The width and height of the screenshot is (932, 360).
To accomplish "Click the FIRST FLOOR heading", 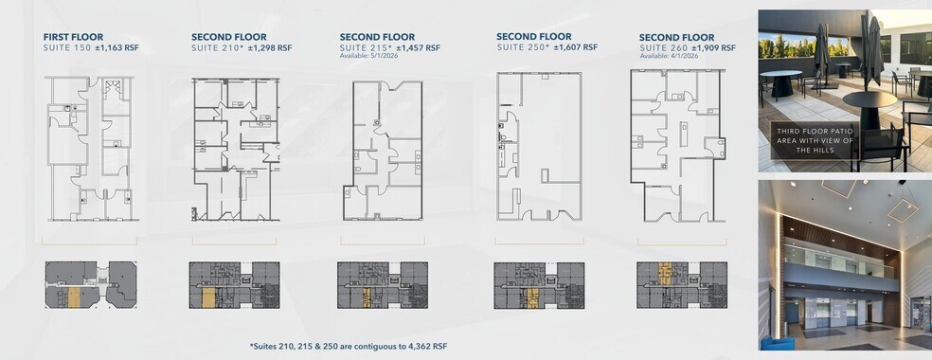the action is point(73,37).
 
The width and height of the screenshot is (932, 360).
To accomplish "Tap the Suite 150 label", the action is point(67,47).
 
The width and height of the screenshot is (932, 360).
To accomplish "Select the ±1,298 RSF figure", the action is point(270,47).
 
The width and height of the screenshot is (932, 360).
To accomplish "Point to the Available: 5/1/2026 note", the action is point(368,56).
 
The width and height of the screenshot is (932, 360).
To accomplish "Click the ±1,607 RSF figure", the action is point(575,47).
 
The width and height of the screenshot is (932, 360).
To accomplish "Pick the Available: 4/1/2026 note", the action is point(669,56).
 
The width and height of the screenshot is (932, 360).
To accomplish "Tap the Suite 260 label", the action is point(663,47).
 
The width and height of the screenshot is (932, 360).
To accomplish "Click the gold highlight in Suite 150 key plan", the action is point(74,297).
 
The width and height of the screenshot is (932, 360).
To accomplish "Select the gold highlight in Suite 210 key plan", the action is point(208,298).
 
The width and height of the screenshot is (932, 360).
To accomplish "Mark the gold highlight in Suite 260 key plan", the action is point(665,272).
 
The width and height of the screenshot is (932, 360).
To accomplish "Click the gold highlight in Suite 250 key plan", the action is point(532,298).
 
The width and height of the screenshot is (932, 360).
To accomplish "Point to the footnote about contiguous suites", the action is point(349,346).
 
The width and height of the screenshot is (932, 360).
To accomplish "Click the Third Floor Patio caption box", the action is point(815,141).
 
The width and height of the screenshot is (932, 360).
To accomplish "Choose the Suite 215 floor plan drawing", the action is point(384,151).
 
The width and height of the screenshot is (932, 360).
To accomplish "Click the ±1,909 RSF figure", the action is point(713,47).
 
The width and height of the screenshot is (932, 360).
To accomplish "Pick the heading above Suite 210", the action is point(229,37).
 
